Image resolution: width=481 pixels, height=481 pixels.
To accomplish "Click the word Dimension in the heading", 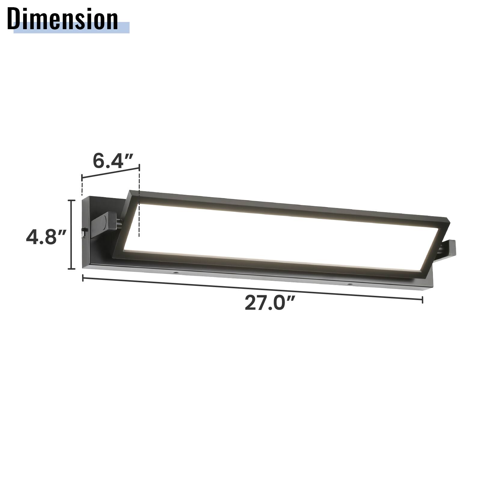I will [x=63, y=19].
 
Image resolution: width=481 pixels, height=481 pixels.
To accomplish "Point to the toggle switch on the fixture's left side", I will [x=83, y=232].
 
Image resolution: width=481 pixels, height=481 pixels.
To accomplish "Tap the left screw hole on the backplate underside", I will [x=175, y=273].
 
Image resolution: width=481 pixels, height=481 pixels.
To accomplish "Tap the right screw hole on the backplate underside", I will [x=350, y=284].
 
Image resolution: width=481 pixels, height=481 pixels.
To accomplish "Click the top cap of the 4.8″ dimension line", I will [x=71, y=200].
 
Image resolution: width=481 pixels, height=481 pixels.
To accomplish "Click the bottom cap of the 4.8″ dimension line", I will [x=71, y=269].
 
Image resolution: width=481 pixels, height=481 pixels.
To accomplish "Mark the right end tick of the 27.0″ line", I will [x=423, y=299].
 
